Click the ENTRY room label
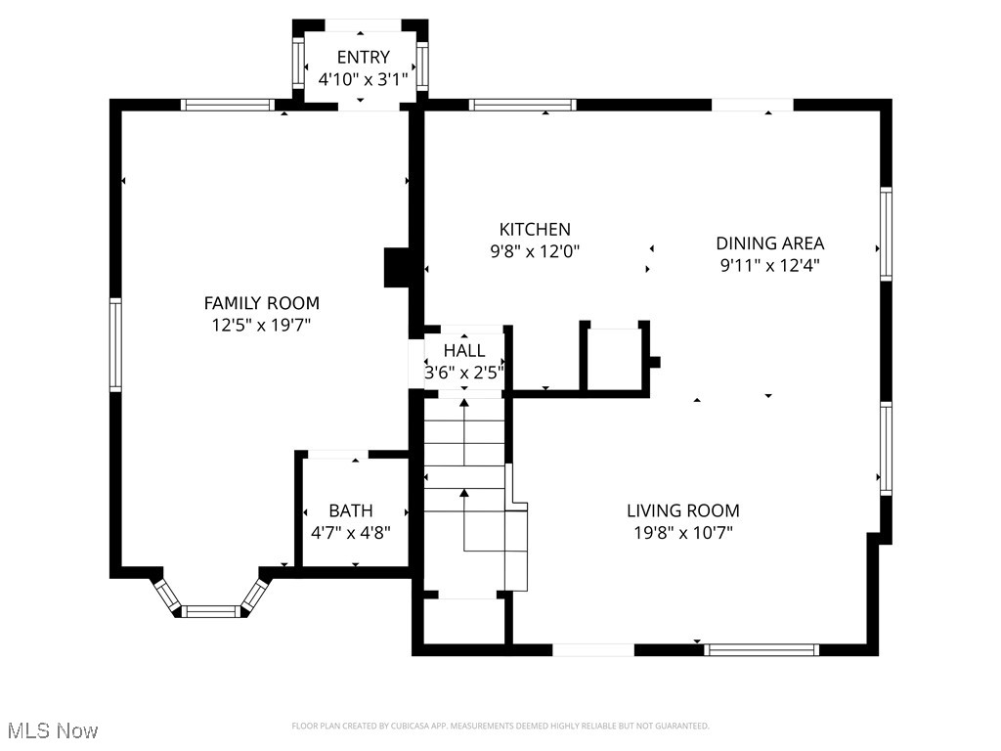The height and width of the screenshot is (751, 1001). point(363,57)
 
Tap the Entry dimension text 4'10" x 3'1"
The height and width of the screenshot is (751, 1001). point(363,79)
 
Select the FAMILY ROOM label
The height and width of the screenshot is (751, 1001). point(261,303)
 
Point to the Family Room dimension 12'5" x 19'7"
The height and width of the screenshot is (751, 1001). point(261,325)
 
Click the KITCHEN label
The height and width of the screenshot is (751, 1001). point(535,229)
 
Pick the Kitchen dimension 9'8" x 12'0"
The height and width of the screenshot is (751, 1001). point(535,251)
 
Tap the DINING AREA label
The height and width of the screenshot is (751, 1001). point(769,243)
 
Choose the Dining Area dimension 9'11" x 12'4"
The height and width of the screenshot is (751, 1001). point(769,264)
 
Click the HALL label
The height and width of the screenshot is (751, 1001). point(463,350)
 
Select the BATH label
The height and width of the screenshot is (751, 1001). point(350,510)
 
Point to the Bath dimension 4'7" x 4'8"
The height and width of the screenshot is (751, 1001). point(350,533)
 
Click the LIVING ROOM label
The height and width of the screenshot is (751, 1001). point(682,510)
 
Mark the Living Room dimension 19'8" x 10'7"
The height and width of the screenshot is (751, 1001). point(682,533)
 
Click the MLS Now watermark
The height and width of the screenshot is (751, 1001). point(53,730)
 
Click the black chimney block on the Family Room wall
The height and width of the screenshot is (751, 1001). point(396,268)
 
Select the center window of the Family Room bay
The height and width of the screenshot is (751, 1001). point(211,611)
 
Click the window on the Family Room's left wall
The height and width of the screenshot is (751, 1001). point(115,344)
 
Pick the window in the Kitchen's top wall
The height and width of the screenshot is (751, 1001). point(522,105)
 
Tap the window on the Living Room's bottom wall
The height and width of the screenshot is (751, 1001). point(762,649)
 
